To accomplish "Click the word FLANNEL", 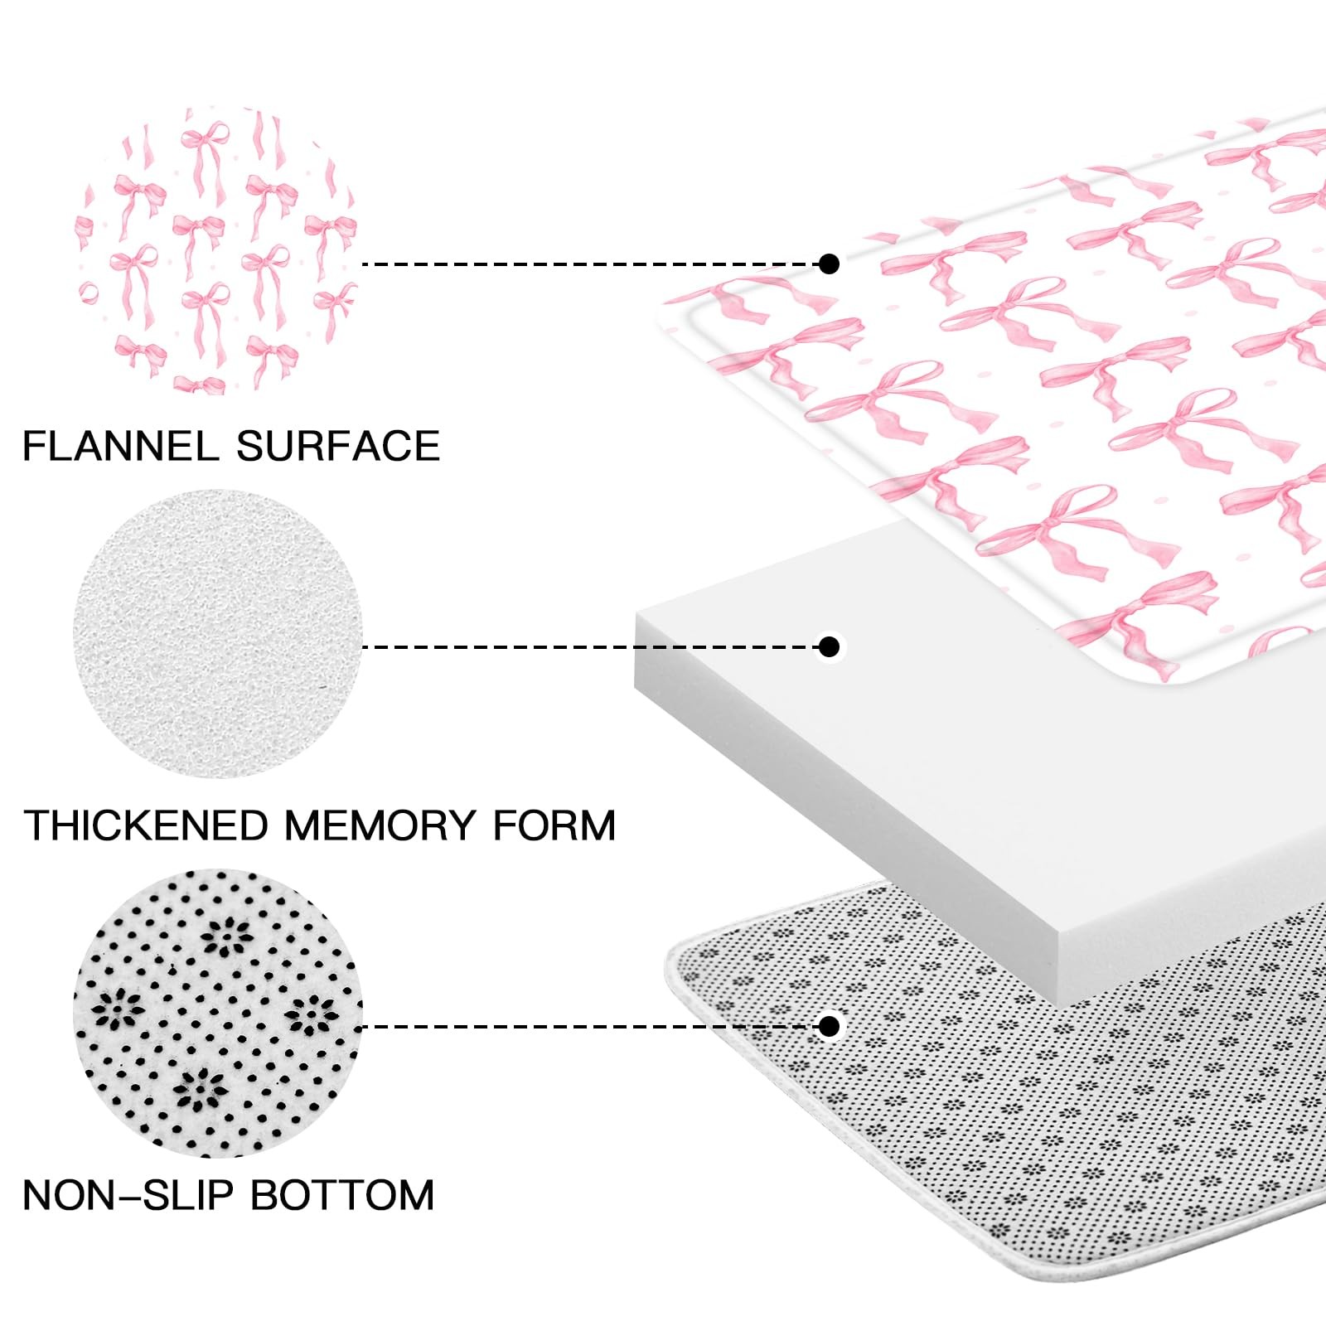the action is pos(121,447).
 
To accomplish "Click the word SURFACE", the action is pos(338,447).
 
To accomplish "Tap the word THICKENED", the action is pos(147,825).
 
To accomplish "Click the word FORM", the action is pos(554,825).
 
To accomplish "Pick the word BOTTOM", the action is pos(342,1195).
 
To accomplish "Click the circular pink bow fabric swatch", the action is pos(217,251).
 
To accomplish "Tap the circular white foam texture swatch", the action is pos(217,634).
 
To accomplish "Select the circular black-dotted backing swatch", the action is pos(217,1013).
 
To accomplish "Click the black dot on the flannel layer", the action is pos(829,264).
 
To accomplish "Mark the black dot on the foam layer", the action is pos(829,646).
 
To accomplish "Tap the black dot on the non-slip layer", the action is pos(829,1026).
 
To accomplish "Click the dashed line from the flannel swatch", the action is pos(588,264).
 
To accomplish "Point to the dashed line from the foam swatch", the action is pos(588,646).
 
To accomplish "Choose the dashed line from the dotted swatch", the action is pos(588,1026).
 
